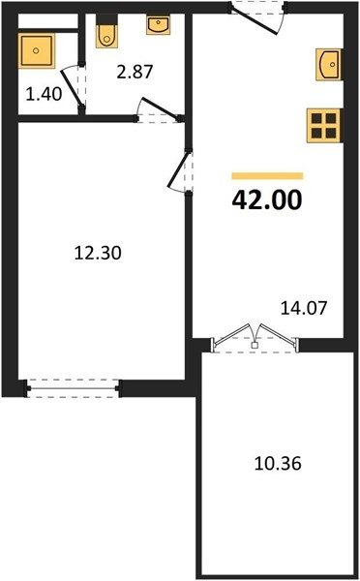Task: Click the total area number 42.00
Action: tap(267, 200)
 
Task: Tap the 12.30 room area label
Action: tap(98, 253)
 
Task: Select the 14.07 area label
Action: tap(304, 308)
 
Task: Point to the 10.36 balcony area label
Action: tap(278, 463)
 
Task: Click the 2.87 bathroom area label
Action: tap(135, 72)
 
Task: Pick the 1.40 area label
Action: tap(44, 94)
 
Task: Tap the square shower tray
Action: tap(36, 50)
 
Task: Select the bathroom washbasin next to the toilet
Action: tap(158, 25)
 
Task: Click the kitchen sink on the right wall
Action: tap(328, 65)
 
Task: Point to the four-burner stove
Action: tap(323, 126)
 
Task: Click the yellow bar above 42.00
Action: tap(267, 176)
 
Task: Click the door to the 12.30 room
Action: tap(180, 171)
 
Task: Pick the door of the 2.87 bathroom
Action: tap(159, 110)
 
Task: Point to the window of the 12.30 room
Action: tap(73, 388)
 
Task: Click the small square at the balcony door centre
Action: tap(255, 346)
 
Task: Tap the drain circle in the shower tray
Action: tap(36, 50)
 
